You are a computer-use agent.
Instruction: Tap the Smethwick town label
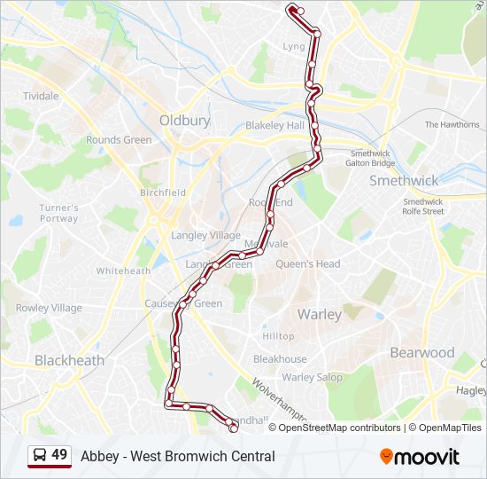pos(404,180)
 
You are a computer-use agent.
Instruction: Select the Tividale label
pos(41,96)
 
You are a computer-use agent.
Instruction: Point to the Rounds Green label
pos(119,140)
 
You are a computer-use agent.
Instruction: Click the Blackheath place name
pos(69,360)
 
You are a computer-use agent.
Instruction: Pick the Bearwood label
pos(422,352)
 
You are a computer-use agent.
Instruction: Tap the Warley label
pos(320,314)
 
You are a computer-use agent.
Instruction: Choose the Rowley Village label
pos(49,308)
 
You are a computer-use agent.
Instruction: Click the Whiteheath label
pos(123,271)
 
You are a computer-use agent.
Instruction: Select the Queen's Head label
pos(308,263)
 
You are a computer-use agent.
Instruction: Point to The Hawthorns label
pos(452,125)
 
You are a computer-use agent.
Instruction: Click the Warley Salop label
pos(312,377)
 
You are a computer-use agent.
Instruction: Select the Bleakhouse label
pos(280,359)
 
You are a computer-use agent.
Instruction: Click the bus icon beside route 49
pos(40,456)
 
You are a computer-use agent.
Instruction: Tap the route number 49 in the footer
pos(59,455)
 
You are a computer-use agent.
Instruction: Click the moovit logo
pos(420,457)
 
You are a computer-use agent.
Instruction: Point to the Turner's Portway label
pos(59,213)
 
